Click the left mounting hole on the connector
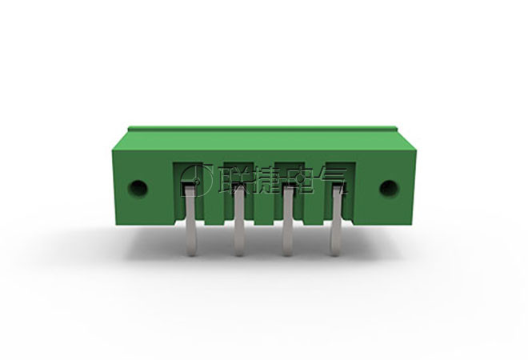click(x=138, y=188)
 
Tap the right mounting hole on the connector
click(x=389, y=188)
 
